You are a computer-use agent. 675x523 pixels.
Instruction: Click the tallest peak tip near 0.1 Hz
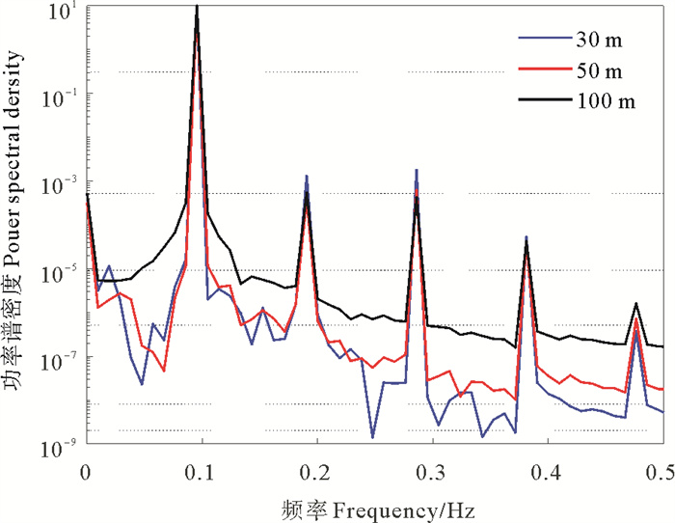click(x=198, y=7)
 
